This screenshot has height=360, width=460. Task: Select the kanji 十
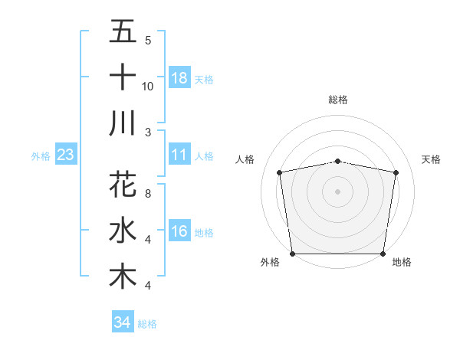pyautogui.click(x=123, y=77)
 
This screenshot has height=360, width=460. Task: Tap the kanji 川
pyautogui.click(x=123, y=123)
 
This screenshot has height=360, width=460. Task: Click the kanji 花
pyautogui.click(x=123, y=185)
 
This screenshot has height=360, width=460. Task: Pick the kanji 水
pyautogui.click(x=123, y=231)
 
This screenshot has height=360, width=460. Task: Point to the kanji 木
pyautogui.click(x=123, y=277)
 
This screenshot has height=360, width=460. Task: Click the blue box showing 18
pyautogui.click(x=179, y=77)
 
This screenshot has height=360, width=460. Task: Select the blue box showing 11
pyautogui.click(x=179, y=155)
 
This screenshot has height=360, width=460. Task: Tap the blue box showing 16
pyautogui.click(x=179, y=231)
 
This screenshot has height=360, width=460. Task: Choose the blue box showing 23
pyautogui.click(x=65, y=155)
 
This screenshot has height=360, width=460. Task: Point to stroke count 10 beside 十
pyautogui.click(x=148, y=86)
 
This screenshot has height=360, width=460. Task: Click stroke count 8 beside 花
pyautogui.click(x=148, y=194)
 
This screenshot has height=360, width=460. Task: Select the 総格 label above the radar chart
pyautogui.click(x=338, y=100)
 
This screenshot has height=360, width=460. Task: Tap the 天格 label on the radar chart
pyautogui.click(x=431, y=159)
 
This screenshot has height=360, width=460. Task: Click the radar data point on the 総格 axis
pyautogui.click(x=338, y=161)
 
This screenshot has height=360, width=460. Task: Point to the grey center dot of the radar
pyautogui.click(x=338, y=191)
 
